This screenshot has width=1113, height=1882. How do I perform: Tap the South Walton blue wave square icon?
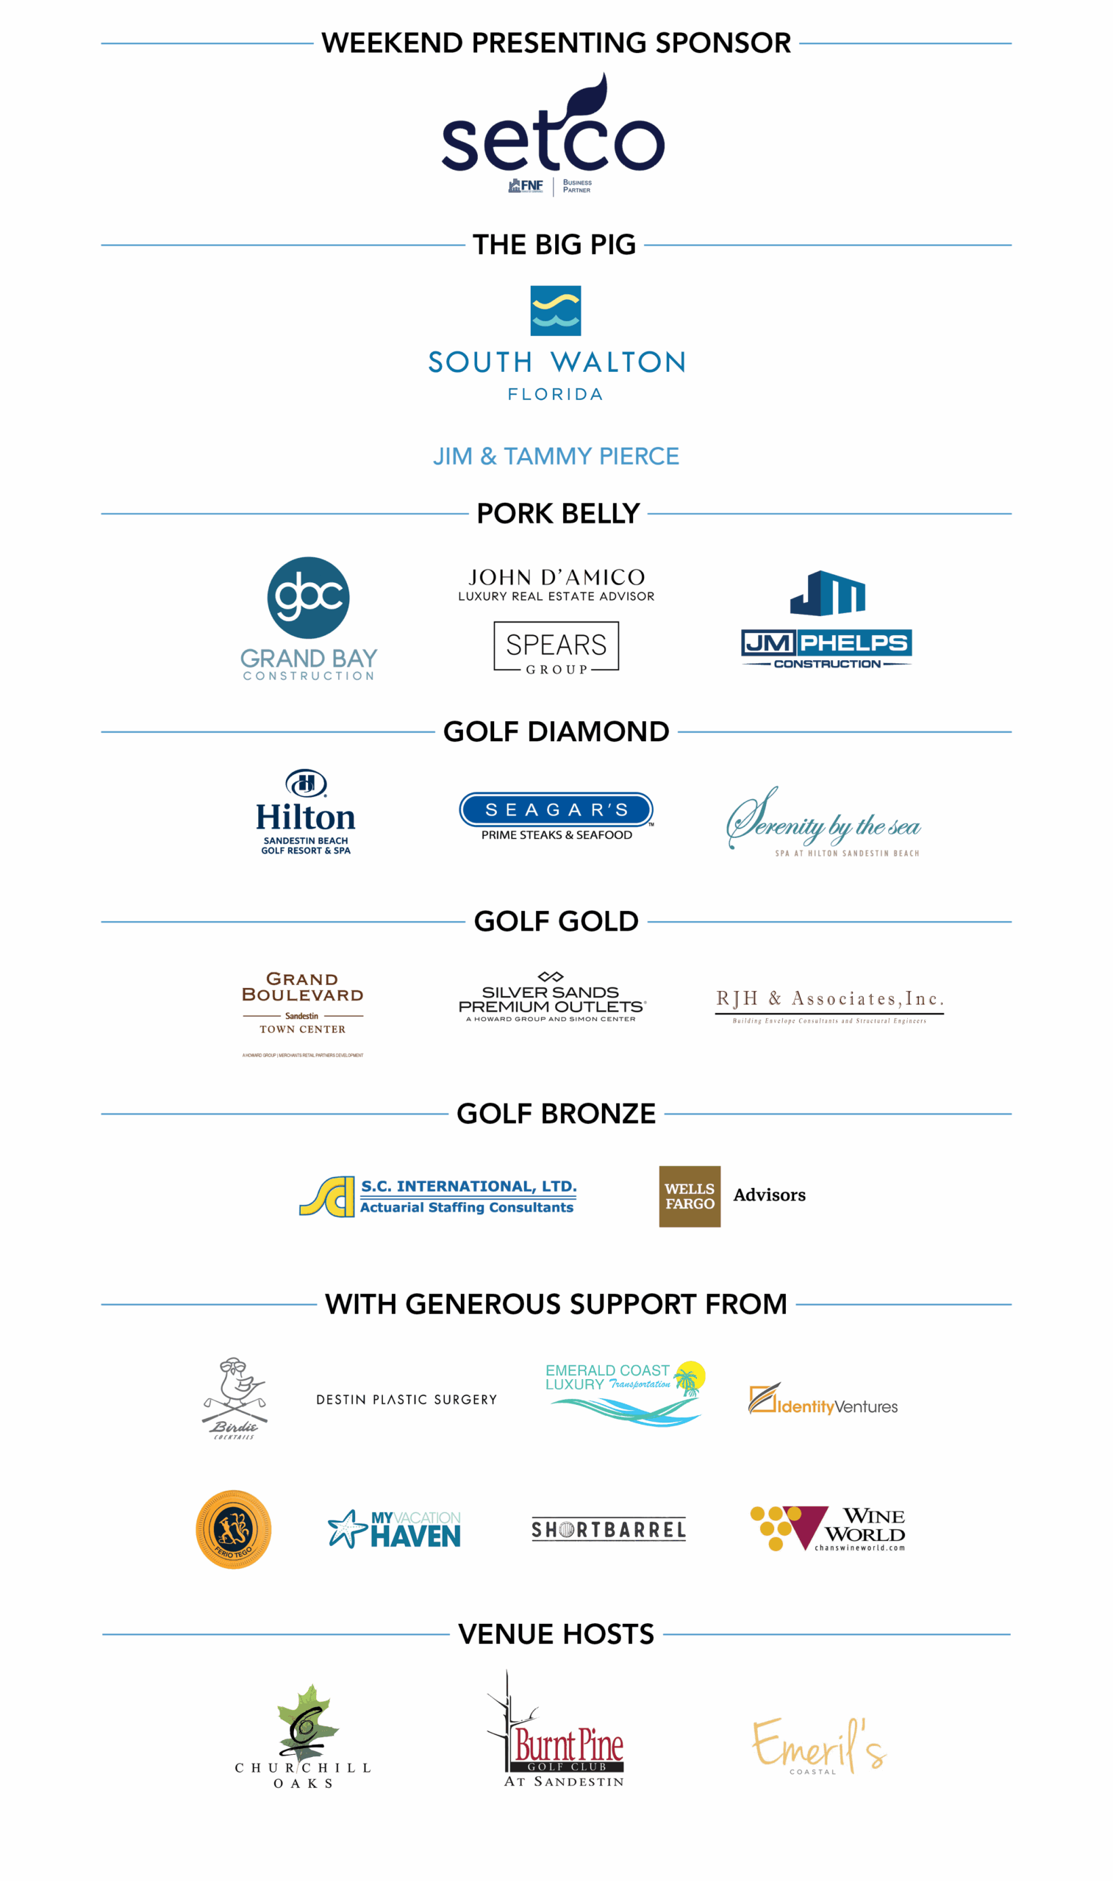tap(555, 310)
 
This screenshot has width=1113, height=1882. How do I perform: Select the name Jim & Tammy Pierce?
tap(556, 456)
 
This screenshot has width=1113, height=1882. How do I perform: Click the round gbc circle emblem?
tap(308, 598)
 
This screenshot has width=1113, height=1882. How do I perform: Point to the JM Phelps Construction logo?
tap(826, 619)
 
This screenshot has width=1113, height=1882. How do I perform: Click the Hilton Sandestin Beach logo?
tap(306, 813)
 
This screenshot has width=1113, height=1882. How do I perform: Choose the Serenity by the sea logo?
tap(823, 823)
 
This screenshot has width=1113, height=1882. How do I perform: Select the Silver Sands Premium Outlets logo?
tap(552, 999)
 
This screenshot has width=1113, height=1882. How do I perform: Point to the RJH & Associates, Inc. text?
tap(829, 999)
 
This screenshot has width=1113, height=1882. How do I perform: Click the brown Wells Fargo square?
tap(690, 1197)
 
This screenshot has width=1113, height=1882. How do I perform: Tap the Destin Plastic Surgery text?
tap(407, 1400)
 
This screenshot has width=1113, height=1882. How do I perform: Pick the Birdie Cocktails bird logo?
tap(235, 1398)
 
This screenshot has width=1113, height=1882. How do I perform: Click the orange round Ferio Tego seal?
tap(233, 1530)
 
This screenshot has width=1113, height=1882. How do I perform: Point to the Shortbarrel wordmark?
tap(608, 1530)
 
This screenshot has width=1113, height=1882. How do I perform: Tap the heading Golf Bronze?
tap(556, 1114)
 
